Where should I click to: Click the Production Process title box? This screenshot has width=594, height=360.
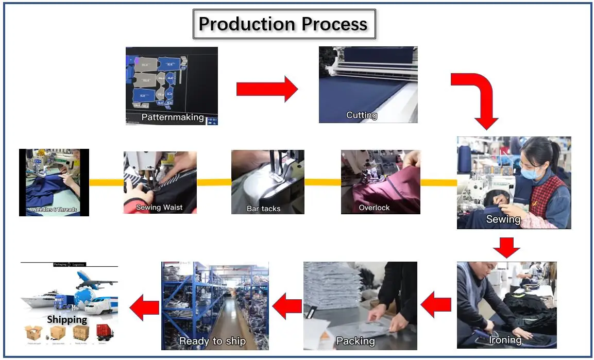[284, 24]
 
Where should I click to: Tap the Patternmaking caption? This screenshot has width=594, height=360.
[173, 117]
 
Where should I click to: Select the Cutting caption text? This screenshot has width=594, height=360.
[362, 115]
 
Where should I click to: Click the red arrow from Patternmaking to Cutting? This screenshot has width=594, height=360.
[267, 89]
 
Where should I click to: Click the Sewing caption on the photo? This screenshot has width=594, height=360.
[503, 219]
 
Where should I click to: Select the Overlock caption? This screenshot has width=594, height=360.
[374, 208]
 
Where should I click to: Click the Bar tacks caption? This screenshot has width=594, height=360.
[263, 209]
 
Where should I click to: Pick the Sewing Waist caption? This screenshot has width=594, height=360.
[159, 208]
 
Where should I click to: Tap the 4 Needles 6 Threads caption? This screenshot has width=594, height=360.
[53, 210]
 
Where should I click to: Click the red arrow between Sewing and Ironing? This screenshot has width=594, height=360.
[506, 247]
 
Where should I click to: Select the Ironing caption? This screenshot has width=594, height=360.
[505, 340]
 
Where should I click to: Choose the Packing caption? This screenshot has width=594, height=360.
[355, 341]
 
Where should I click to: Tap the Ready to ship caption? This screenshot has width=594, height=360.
[212, 341]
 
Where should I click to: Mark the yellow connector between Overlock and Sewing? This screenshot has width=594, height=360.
[438, 182]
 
